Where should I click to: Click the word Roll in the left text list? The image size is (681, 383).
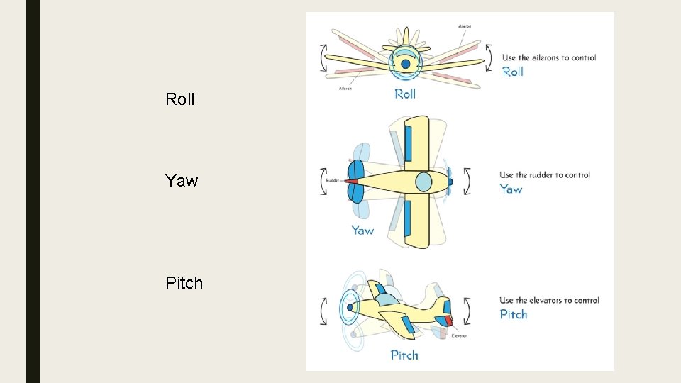[x=179, y=99]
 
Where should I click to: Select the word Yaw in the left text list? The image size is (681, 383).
[x=182, y=181]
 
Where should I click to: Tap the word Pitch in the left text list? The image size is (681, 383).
[x=184, y=283]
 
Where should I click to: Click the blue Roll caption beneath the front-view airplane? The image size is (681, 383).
[x=405, y=94]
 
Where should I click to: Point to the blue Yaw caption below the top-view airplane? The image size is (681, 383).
[x=362, y=230]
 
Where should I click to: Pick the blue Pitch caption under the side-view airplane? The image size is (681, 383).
[x=404, y=355]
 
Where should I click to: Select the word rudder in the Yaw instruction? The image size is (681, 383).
[x=544, y=175]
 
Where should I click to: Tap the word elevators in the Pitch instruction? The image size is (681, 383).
[x=554, y=300]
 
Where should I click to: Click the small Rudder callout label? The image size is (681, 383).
[x=333, y=180]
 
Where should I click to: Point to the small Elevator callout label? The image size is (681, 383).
[x=459, y=335]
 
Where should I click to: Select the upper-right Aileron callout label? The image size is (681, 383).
[x=465, y=26]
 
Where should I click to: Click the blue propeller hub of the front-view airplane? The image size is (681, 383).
[x=405, y=64]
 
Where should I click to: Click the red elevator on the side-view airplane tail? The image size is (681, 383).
[x=448, y=321]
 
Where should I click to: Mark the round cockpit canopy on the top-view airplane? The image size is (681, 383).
[x=423, y=182]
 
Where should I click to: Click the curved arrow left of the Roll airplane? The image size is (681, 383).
[x=324, y=57]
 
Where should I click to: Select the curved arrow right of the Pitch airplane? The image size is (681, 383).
[x=466, y=310]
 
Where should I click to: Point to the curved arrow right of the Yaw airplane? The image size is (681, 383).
[x=466, y=181]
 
